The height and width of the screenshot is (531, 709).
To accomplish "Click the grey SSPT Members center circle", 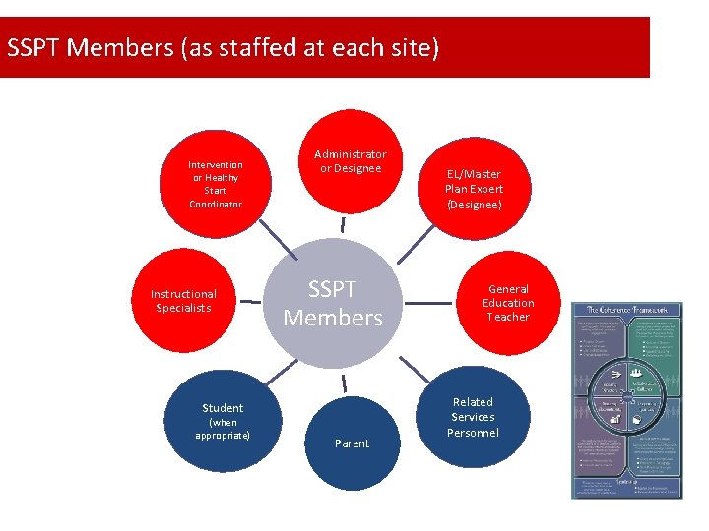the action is coord(333,303).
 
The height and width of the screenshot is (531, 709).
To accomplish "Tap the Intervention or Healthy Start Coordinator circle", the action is coord(216,184).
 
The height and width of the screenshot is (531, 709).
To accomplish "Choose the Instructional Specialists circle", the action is coord(183,301).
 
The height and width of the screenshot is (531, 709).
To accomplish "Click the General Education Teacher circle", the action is coord(508,303).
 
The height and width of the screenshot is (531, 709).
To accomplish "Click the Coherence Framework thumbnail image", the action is coord(627,399).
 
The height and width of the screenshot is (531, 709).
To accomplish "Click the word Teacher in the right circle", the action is coord(508,317).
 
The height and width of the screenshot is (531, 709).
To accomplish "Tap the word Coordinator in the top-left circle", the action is coord(216,204).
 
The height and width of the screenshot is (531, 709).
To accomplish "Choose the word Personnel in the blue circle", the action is coord(473,433).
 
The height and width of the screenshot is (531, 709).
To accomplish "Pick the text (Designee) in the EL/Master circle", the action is coord(474,205).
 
